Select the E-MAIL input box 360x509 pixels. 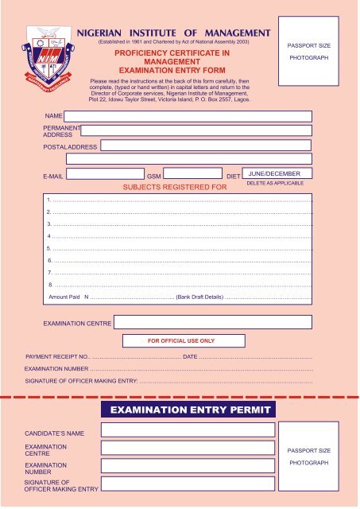tap(100, 173)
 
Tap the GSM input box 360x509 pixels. tap(192, 173)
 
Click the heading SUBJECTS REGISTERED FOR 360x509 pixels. tap(174, 188)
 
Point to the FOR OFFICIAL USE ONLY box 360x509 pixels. tap(181, 340)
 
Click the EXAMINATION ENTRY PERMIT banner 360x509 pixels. tap(188, 410)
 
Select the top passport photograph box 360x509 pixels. tap(310, 52)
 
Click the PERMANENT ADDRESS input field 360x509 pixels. tap(195, 130)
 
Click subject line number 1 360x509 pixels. tap(180, 200)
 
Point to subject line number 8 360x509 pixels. tap(180, 284)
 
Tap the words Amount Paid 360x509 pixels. tap(64, 297)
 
